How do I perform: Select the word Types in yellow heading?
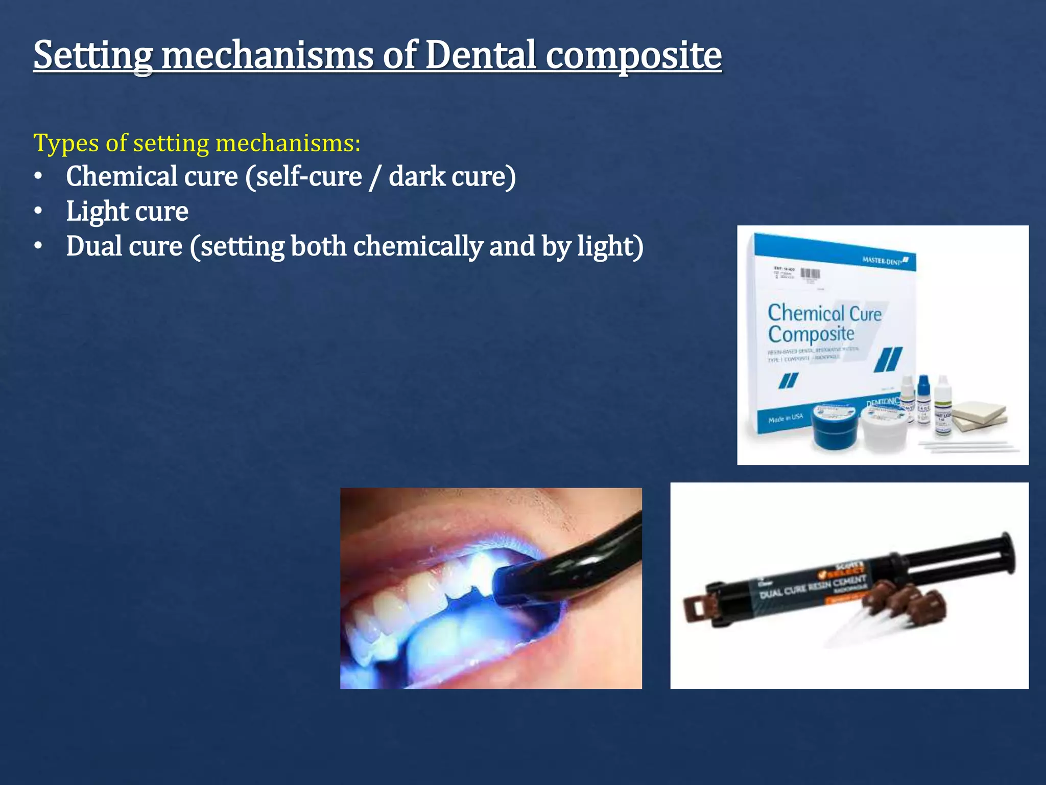coord(66,143)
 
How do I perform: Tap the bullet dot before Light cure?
coord(38,211)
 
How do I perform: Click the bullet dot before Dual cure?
coord(38,246)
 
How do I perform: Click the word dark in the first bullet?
coord(417,176)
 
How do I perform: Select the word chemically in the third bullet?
coord(418,246)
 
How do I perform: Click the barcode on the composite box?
coord(810,274)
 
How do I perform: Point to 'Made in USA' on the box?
coord(786,419)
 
